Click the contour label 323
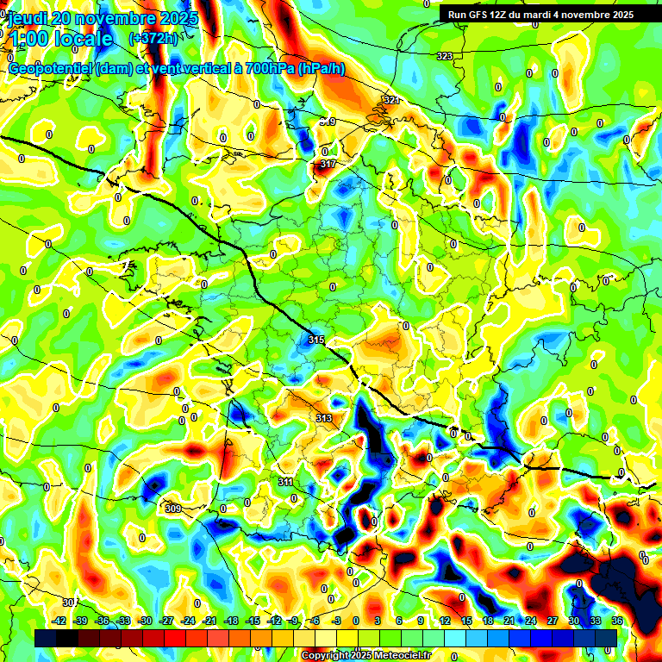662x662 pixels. [x=445, y=56]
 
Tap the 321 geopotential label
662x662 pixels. [x=391, y=100]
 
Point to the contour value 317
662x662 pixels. [x=328, y=164]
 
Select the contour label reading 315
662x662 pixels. [x=316, y=340]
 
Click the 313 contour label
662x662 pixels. [x=324, y=418]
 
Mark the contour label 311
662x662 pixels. [x=286, y=482]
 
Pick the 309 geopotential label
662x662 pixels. [x=172, y=509]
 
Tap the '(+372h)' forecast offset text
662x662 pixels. [x=153, y=39]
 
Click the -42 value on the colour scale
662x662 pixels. [x=60, y=621]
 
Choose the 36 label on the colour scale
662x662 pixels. [x=617, y=621]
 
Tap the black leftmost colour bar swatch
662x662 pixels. [x=46, y=637]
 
